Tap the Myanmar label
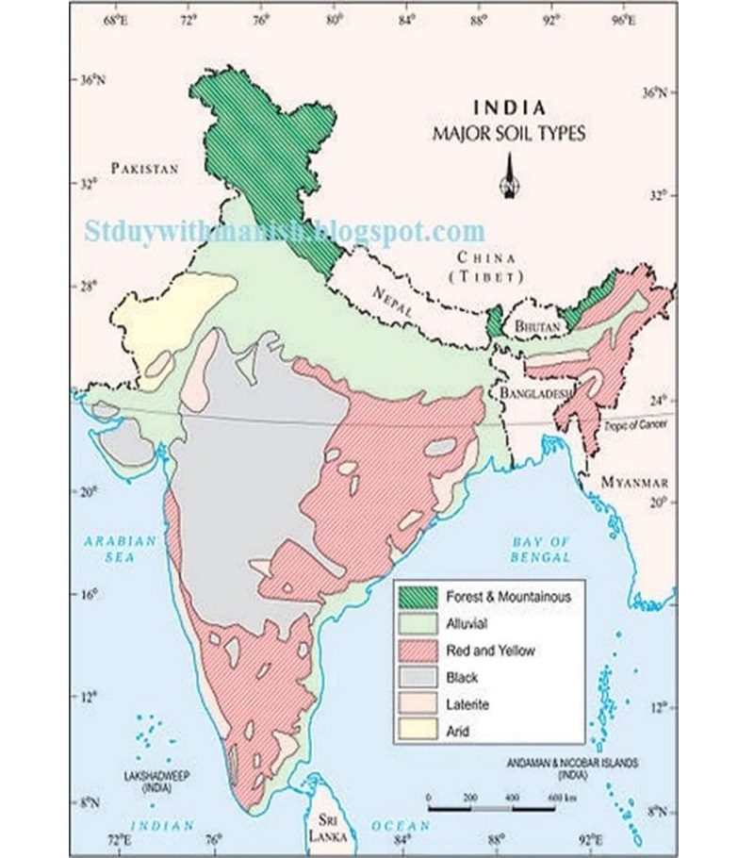coord(634,481)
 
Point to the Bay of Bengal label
coord(541,549)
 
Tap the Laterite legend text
coord(470,704)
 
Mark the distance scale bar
coord(491,808)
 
